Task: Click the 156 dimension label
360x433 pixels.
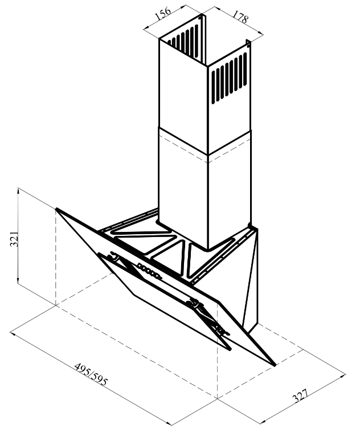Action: (163, 13)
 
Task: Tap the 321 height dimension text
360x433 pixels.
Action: (14, 239)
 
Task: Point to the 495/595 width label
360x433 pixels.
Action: (91, 374)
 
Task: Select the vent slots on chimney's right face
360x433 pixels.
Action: (229, 78)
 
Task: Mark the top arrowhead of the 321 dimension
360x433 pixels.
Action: (18, 190)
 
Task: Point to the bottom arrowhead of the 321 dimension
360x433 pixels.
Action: (18, 280)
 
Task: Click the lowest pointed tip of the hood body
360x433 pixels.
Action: (275, 366)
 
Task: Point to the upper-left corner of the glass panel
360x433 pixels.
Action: (56, 209)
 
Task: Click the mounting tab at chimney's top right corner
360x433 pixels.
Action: (248, 43)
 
